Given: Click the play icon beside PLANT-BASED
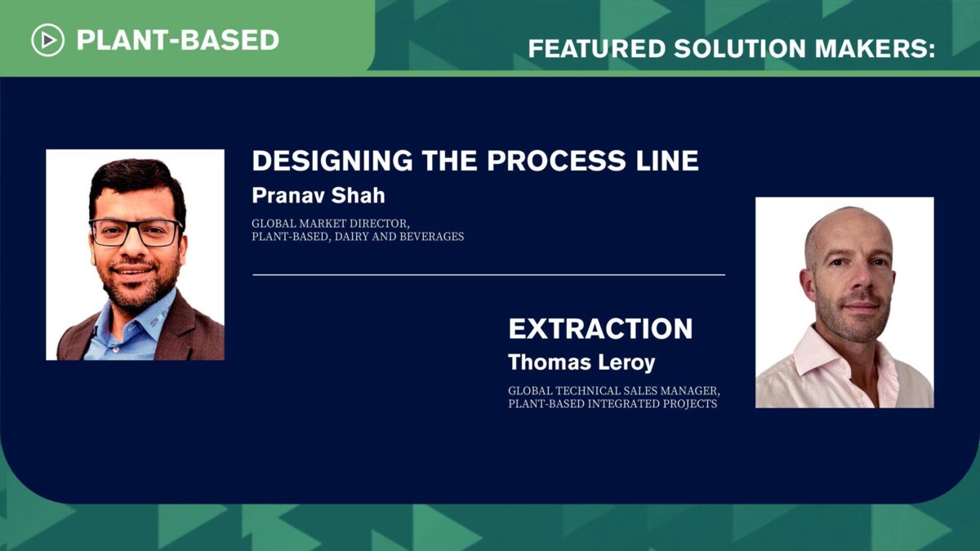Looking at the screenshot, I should pos(47,39).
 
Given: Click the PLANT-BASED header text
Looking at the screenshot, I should pos(178,39).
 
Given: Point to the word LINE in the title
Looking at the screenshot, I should pos(669,161).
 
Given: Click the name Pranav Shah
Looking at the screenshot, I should pos(318,195).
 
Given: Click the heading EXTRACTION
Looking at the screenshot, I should pos(600,329).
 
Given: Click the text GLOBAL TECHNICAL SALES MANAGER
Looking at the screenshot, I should pos(613,390).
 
